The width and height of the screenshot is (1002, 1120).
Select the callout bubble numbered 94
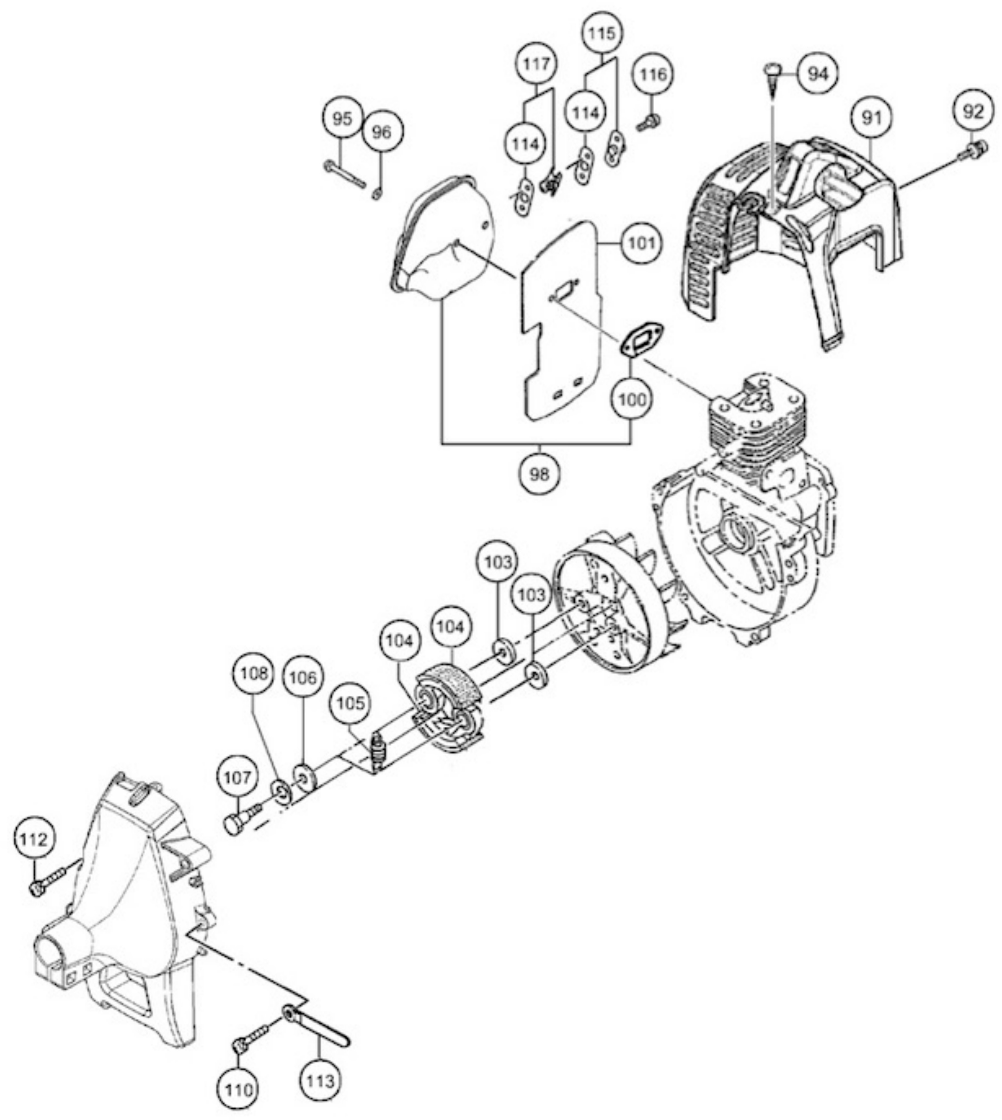coord(818,73)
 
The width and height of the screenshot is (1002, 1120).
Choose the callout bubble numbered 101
coord(642,243)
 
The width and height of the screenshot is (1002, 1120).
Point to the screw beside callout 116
coord(649,123)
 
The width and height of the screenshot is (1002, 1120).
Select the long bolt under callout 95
coord(345,174)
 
